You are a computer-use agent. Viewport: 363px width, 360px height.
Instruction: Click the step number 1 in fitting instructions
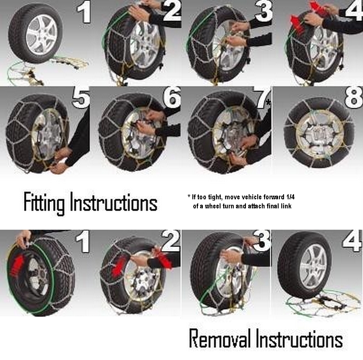(84, 13)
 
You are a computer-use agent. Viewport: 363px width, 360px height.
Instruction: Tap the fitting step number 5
(81, 97)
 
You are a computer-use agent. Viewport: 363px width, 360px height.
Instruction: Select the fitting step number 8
(353, 97)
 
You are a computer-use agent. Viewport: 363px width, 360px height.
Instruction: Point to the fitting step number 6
(172, 97)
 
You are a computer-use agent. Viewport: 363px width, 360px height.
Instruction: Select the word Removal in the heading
(220, 338)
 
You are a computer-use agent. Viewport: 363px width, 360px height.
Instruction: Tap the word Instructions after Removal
(299, 338)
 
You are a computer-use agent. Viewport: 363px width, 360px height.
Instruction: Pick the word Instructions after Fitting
(114, 202)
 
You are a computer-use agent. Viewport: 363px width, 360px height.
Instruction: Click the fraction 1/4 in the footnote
(290, 197)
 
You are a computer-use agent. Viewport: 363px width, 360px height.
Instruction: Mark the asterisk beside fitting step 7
(268, 103)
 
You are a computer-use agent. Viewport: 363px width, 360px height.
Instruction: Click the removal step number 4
(352, 241)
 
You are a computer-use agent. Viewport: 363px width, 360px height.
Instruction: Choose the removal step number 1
(83, 242)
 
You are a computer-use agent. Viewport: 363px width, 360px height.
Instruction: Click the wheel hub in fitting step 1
(42, 35)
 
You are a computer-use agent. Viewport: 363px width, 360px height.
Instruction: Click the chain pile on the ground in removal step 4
(322, 302)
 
